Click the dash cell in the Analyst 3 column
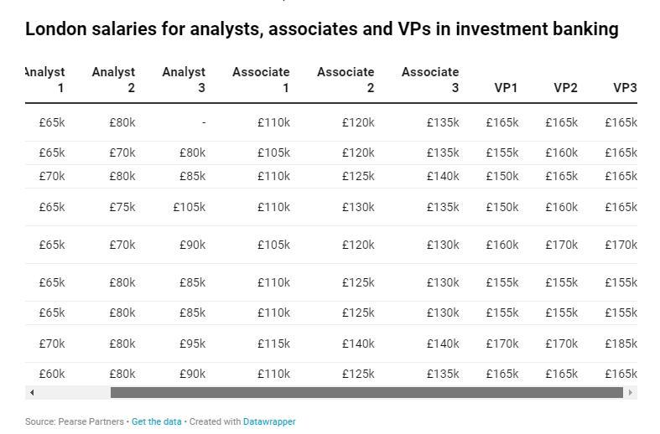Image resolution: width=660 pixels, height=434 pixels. (x=204, y=123)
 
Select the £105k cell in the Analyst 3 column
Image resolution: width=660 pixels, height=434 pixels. (x=190, y=207)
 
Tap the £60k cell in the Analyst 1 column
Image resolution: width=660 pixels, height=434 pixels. (x=52, y=374)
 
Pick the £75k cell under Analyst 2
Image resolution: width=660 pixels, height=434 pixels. (x=122, y=207)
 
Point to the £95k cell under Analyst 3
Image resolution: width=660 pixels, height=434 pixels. (x=192, y=344)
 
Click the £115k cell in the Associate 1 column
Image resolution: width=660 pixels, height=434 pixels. (x=273, y=344)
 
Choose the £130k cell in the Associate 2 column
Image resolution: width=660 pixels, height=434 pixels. (x=358, y=207)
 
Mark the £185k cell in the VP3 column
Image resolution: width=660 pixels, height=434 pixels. (x=621, y=344)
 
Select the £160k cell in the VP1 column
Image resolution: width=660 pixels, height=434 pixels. (x=502, y=245)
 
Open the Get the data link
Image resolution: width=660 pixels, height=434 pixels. (x=157, y=421)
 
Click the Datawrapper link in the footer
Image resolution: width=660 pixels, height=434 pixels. (x=269, y=421)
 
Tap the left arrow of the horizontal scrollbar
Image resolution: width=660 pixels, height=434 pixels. (x=32, y=392)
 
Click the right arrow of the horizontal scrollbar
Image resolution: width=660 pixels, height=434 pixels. (x=630, y=392)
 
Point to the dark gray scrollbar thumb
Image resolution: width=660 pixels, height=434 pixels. (x=366, y=392)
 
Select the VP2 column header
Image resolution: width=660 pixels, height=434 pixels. (x=565, y=88)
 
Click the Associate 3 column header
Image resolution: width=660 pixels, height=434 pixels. (x=430, y=80)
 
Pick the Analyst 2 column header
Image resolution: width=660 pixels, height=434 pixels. (x=114, y=80)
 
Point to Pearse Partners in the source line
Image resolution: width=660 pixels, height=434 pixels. (x=91, y=421)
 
